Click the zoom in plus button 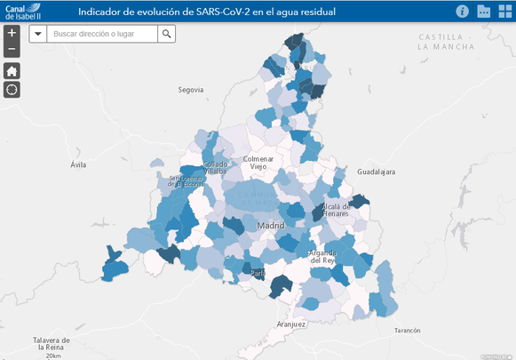(12, 33)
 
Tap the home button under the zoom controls (12, 70)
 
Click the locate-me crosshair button (12, 89)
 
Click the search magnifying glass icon (167, 33)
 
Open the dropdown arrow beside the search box (38, 33)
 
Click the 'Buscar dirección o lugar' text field (102, 33)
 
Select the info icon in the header (462, 12)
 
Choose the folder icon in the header (484, 12)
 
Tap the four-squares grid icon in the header (504, 12)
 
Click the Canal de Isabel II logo (26, 12)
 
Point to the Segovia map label (191, 90)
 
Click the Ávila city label (79, 165)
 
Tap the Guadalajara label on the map (375, 171)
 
